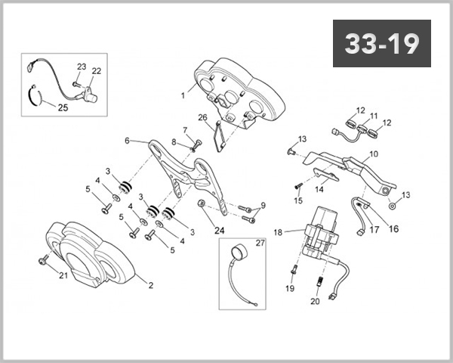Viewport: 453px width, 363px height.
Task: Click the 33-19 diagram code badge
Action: pyautogui.click(x=382, y=43)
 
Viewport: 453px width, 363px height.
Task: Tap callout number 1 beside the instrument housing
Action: pyautogui.click(x=183, y=95)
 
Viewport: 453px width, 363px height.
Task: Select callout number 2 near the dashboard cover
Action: pyautogui.click(x=150, y=285)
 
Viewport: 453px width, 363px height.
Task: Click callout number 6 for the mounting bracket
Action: pyautogui.click(x=127, y=141)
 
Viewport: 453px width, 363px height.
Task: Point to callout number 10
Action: pyautogui.click(x=374, y=154)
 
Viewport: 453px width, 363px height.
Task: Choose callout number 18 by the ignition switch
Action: pyautogui.click(x=278, y=232)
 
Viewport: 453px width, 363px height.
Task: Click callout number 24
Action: pyautogui.click(x=219, y=231)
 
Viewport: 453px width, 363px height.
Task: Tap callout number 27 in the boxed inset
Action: pyautogui.click(x=260, y=243)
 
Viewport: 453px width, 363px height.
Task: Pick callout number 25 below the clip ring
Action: pyautogui.click(x=63, y=107)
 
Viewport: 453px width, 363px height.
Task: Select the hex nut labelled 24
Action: pyautogui.click(x=201, y=203)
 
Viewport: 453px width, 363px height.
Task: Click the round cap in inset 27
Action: pyautogui.click(x=240, y=253)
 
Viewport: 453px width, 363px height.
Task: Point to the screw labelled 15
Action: pyautogui.click(x=298, y=186)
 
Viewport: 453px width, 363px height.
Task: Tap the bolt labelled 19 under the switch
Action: pyautogui.click(x=294, y=269)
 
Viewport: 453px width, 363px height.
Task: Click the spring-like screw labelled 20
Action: pyautogui.click(x=319, y=281)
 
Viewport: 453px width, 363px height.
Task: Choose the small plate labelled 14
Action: pyautogui.click(x=326, y=174)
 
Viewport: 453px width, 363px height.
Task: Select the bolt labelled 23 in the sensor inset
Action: pyautogui.click(x=75, y=84)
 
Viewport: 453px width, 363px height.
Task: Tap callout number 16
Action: pyautogui.click(x=394, y=228)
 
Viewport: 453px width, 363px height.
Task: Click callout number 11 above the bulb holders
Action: pyautogui.click(x=374, y=116)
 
